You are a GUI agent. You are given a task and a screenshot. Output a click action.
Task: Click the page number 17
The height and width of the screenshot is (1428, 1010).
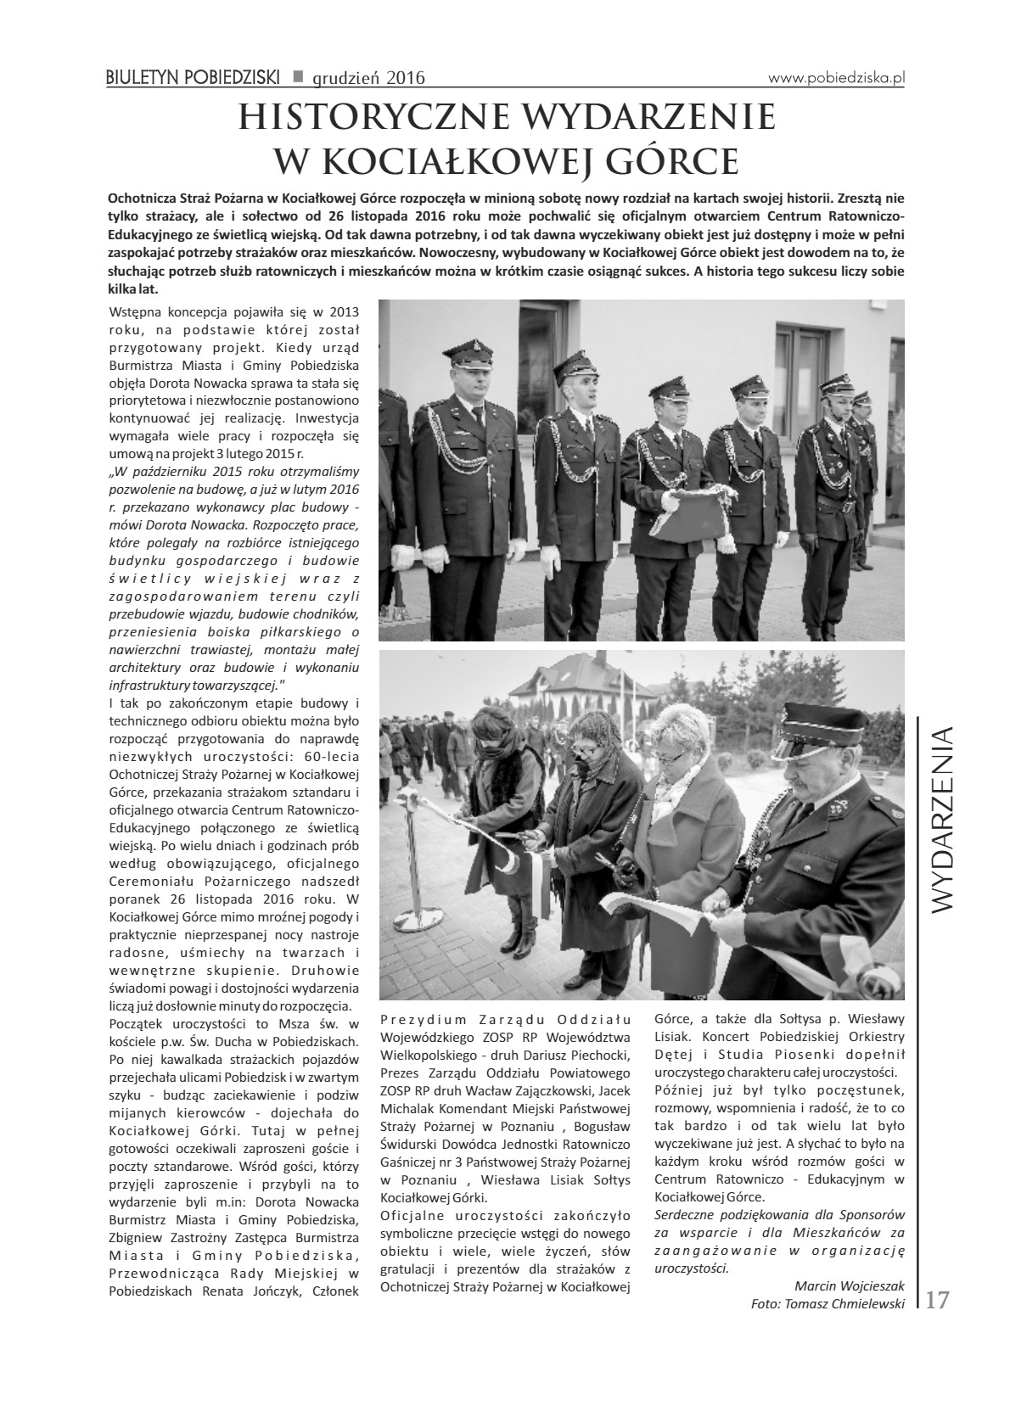pyautogui.click(x=937, y=1300)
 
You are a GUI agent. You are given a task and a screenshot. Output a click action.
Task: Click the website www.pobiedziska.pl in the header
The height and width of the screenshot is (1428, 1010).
pyautogui.click(x=837, y=77)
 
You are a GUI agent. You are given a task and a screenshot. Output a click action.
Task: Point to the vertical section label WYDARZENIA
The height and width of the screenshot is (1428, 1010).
pyautogui.click(x=943, y=818)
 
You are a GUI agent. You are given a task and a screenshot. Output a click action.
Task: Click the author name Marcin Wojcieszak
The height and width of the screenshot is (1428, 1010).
pyautogui.click(x=850, y=1285)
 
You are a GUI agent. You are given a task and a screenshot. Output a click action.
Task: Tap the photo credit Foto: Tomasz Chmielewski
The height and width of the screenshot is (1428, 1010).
pyautogui.click(x=828, y=1303)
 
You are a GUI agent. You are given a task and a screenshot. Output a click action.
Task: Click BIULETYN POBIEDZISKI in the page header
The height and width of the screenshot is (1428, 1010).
pyautogui.click(x=193, y=78)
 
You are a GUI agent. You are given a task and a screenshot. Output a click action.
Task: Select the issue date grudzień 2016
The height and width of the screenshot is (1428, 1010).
pyautogui.click(x=368, y=79)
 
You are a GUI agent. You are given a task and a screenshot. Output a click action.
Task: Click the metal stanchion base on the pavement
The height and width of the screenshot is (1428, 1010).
pyautogui.click(x=421, y=919)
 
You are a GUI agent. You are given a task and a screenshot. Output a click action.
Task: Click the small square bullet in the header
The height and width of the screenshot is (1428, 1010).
pyautogui.click(x=297, y=77)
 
